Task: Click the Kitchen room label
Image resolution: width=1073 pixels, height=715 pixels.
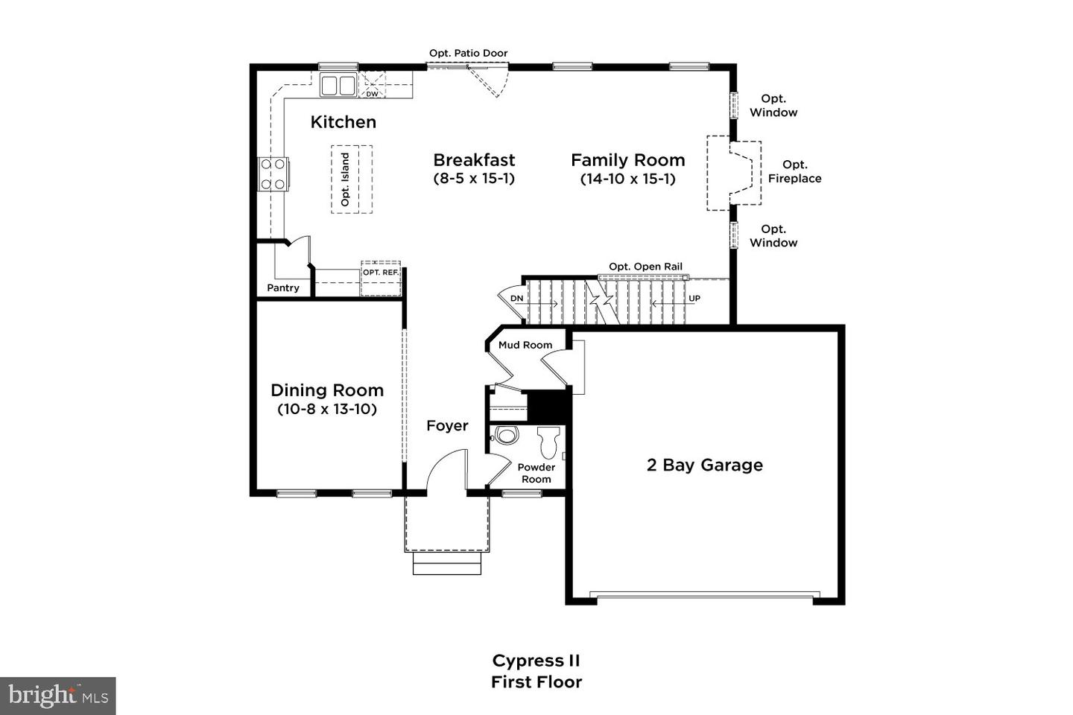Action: [343, 122]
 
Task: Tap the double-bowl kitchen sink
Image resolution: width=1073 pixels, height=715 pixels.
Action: [338, 86]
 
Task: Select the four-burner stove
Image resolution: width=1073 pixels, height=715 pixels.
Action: [273, 174]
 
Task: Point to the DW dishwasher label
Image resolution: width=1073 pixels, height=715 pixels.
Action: [373, 95]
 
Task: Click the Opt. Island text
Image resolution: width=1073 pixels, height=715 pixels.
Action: [345, 179]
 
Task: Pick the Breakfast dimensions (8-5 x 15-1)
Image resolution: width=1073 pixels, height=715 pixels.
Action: [474, 179]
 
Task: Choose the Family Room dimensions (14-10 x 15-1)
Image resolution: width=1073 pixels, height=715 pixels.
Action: [627, 179]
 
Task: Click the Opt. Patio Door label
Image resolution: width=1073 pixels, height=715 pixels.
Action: [468, 53]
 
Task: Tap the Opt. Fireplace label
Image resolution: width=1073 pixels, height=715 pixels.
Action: [794, 171]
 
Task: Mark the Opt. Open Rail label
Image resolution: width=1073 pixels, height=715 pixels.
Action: [645, 267]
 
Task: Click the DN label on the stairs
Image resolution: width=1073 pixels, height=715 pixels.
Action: [516, 299]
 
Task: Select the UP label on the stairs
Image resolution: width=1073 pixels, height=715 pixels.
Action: [694, 299]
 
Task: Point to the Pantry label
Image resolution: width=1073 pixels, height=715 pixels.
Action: [282, 287]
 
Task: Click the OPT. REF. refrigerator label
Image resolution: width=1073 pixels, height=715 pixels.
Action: [380, 272]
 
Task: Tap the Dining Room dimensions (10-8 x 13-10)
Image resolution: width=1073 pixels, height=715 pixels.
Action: [327, 410]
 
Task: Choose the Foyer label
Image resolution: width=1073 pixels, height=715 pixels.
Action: [447, 426]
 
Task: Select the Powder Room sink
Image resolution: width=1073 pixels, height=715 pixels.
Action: [506, 435]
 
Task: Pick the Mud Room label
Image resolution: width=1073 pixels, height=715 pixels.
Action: [525, 345]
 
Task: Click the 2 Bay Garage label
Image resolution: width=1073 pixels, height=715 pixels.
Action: [705, 465]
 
